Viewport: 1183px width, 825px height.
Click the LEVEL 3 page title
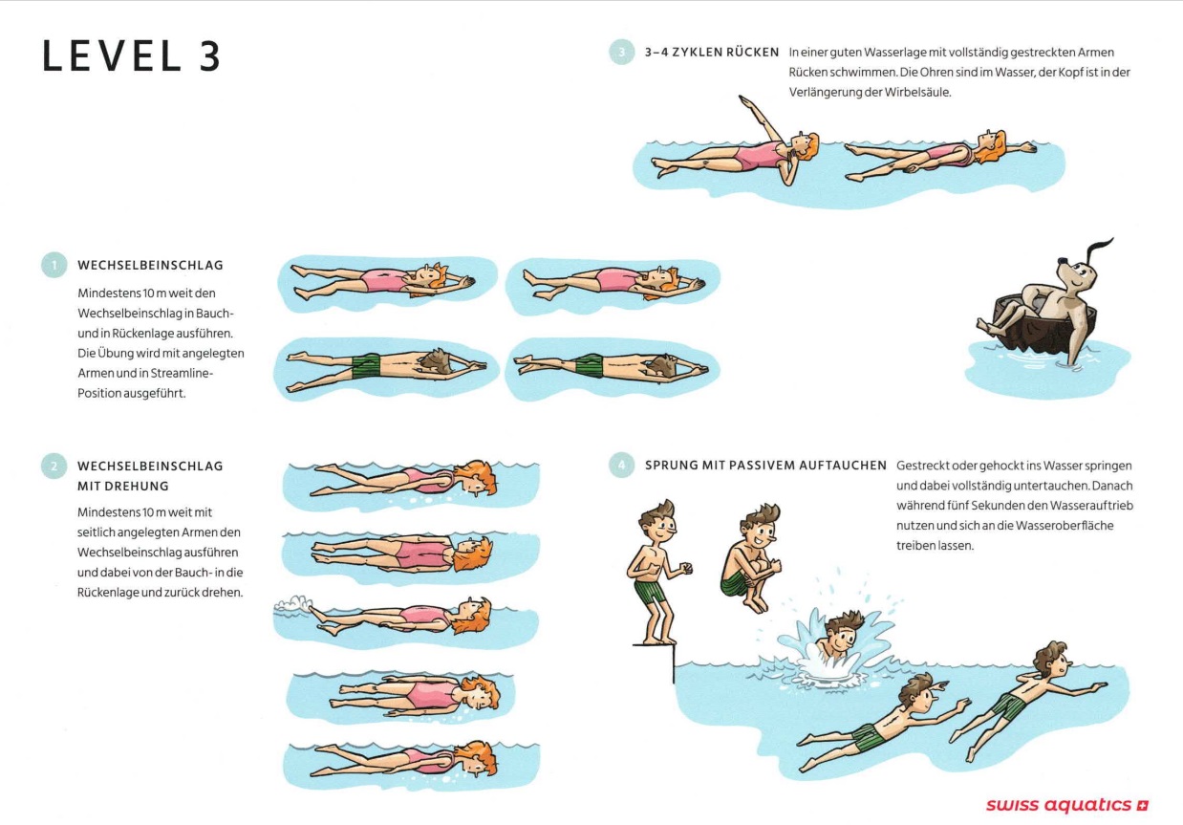tap(131, 56)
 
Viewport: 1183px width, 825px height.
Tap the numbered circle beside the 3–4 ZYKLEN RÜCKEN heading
tap(622, 53)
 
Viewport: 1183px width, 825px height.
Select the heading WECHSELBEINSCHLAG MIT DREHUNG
tap(151, 476)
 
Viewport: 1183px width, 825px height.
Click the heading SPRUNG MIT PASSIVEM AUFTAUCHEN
tap(765, 466)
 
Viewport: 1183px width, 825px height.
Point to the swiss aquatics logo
tap(1067, 805)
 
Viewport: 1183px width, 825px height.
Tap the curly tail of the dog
tap(1099, 248)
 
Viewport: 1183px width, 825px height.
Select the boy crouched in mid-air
tap(751, 557)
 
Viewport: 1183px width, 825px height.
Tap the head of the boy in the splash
tap(841, 635)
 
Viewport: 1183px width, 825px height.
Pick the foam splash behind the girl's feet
tap(292, 603)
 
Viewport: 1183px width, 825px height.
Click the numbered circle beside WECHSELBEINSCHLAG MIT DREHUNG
tap(54, 467)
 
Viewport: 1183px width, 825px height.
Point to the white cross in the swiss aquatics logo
tap(1143, 806)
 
